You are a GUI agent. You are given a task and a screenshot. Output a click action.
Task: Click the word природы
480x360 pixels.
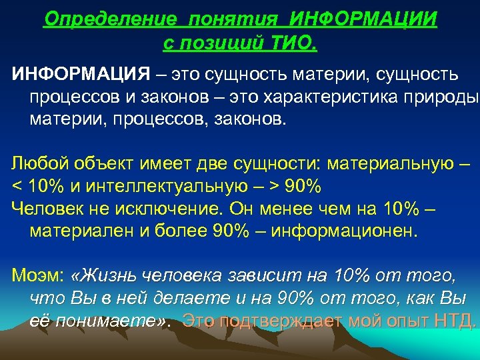445,97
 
